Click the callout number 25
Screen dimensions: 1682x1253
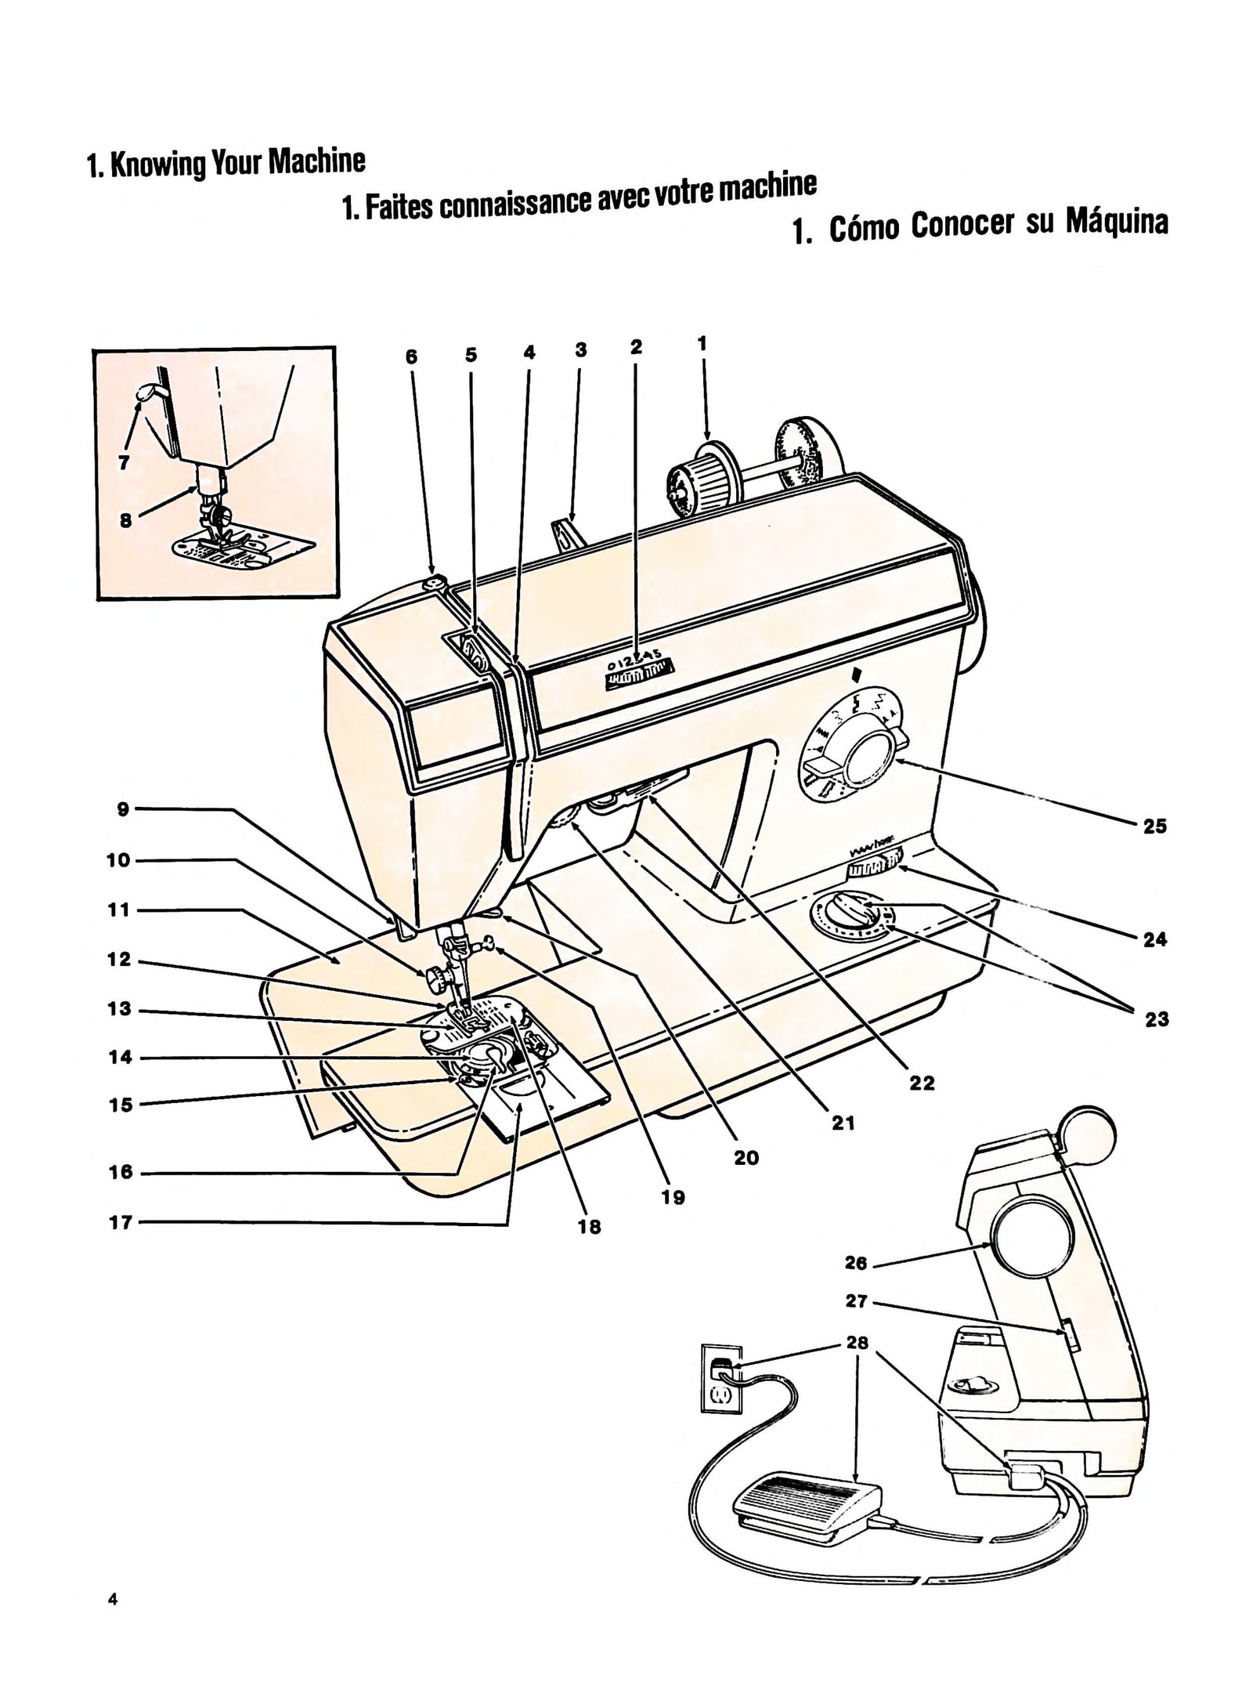click(1154, 826)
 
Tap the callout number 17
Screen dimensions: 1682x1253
click(120, 1222)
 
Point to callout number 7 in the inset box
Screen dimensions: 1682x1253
click(124, 462)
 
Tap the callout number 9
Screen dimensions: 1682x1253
click(123, 809)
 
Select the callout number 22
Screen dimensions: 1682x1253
click(923, 1083)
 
